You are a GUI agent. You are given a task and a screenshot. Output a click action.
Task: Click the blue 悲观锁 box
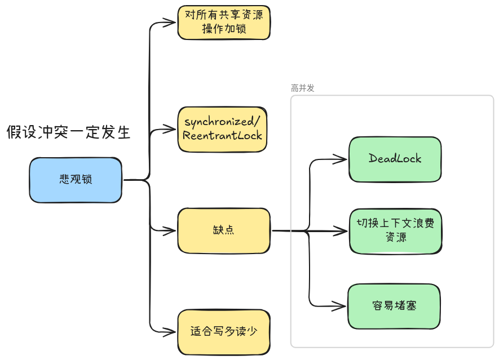[76, 180]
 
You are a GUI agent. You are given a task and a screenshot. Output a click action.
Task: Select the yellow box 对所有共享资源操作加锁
[224, 23]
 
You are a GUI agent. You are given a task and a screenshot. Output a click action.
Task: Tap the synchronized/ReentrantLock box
[222, 129]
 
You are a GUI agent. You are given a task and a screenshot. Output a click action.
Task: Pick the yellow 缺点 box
[224, 230]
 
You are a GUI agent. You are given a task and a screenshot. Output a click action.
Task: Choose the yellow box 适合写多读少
[223, 332]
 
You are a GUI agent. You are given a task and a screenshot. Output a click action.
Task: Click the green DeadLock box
[395, 159]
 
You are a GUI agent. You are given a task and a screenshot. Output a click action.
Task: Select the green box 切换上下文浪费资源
[395, 230]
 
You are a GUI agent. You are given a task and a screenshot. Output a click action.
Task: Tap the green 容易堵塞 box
[394, 306]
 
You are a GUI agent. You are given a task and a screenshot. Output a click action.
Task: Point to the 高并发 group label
[303, 88]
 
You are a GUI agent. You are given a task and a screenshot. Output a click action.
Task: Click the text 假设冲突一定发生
[69, 133]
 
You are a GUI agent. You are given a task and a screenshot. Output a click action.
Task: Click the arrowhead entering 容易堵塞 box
[342, 306]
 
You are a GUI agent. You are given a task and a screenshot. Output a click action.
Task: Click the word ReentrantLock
[222, 136]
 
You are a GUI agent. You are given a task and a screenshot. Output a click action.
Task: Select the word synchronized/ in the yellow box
[222, 122]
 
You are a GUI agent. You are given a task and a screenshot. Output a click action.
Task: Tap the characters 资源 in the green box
[395, 238]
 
